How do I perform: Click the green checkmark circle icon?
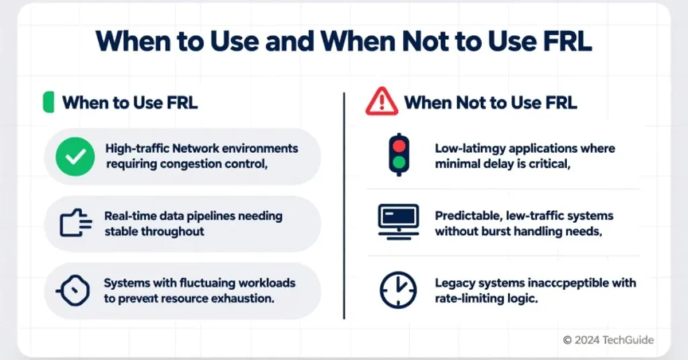pos(75,156)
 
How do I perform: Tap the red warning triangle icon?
pos(382,102)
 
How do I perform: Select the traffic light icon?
pos(400,154)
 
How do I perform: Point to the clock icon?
pos(398,289)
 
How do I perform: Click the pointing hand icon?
pos(75,224)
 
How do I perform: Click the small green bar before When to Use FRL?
pos(48,102)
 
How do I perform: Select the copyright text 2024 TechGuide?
pos(607,340)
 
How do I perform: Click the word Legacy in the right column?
pos(455,283)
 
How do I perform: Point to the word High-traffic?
pos(137,148)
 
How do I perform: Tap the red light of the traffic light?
pos(400,146)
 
